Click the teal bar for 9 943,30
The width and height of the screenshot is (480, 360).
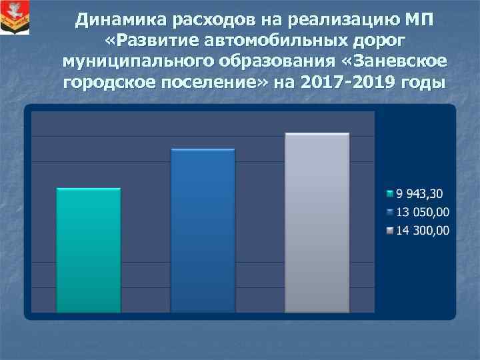click(x=89, y=250)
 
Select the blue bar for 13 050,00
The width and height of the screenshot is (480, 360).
click(x=203, y=230)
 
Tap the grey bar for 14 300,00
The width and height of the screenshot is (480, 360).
click(x=317, y=223)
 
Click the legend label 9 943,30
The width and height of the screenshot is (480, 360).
click(x=419, y=194)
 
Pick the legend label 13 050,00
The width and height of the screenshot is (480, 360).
click(x=423, y=213)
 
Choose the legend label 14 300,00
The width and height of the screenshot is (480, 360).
click(x=423, y=231)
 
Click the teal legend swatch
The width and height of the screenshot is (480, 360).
click(x=391, y=195)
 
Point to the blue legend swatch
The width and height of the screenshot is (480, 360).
click(x=391, y=213)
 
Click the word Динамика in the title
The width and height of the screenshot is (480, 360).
click(x=116, y=19)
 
